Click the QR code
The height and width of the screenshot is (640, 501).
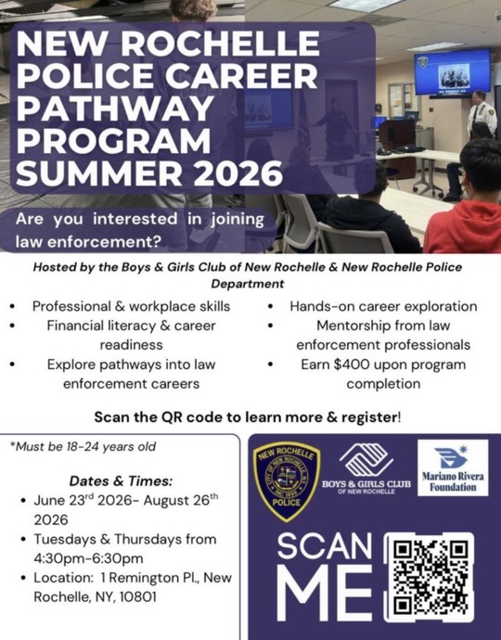tap(429, 577)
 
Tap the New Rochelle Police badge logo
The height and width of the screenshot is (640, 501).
tap(287, 481)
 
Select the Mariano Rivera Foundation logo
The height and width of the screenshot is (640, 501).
tap(453, 467)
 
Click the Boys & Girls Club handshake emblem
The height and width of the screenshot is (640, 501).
tap(366, 460)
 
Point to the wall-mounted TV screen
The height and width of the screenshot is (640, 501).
tap(452, 72)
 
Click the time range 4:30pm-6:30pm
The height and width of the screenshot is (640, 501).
tap(89, 558)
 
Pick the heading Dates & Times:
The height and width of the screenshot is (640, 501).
tap(121, 480)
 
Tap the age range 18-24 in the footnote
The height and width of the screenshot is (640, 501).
tap(83, 446)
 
